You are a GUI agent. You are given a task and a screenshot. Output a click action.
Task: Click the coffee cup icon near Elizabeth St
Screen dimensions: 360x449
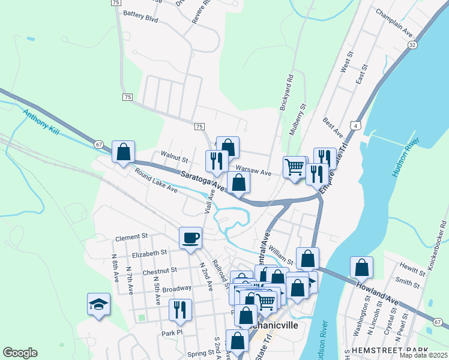point(191,238)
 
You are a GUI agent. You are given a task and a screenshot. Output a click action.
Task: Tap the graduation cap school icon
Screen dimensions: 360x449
point(98,304)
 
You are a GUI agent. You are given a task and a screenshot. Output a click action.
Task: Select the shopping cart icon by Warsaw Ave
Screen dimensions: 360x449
point(294,167)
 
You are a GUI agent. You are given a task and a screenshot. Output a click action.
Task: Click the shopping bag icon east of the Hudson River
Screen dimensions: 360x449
point(361,268)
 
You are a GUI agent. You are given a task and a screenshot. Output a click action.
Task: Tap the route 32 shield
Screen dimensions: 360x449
point(412,45)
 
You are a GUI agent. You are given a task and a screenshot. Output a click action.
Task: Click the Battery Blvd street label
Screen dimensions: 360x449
point(140,19)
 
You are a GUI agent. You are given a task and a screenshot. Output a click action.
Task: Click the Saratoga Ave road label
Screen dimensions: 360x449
point(203,179)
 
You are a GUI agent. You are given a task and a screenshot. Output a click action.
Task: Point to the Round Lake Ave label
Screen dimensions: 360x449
point(156,181)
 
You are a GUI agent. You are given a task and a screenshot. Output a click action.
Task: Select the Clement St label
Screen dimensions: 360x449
point(131,237)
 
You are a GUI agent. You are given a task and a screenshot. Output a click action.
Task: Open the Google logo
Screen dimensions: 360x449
point(20,352)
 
